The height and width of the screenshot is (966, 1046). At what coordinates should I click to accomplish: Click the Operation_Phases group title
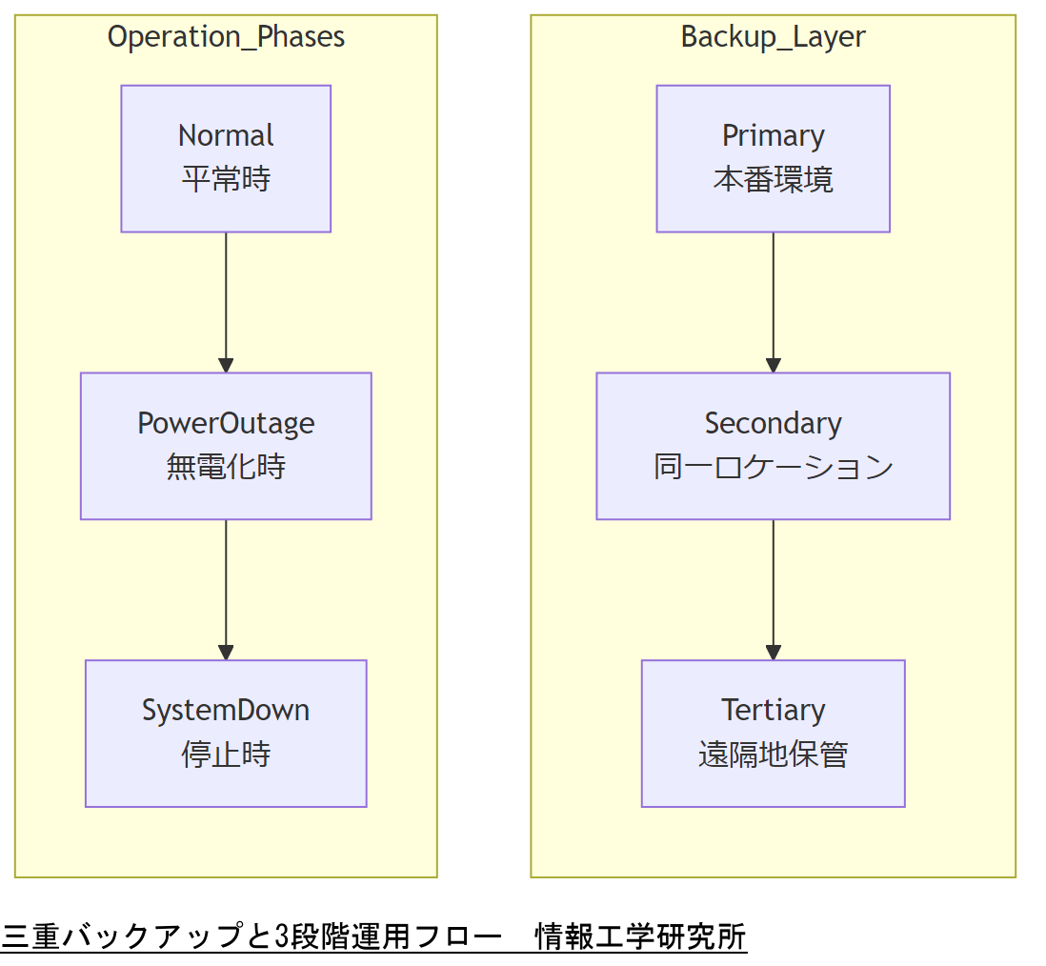pyautogui.click(x=226, y=37)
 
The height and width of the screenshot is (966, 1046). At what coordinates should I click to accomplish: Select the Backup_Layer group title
pyautogui.click(x=773, y=37)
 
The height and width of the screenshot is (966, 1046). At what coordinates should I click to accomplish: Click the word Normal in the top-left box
pyautogui.click(x=226, y=135)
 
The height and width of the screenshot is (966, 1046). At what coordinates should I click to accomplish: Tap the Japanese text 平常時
pyautogui.click(x=226, y=179)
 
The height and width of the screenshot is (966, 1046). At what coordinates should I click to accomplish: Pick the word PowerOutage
pyautogui.click(x=226, y=423)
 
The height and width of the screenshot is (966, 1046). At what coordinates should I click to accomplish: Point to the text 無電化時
pyautogui.click(x=226, y=467)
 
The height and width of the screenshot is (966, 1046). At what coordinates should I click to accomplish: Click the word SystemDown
pyautogui.click(x=226, y=711)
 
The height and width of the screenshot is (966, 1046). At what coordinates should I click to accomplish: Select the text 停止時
pyautogui.click(x=226, y=755)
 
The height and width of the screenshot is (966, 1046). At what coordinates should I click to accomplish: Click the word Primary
pyautogui.click(x=773, y=135)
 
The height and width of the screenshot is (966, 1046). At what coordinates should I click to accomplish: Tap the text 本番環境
pyautogui.click(x=773, y=179)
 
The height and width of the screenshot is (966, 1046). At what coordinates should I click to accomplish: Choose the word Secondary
pyautogui.click(x=773, y=423)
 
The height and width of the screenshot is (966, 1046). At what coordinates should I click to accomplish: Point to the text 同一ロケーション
pyautogui.click(x=773, y=467)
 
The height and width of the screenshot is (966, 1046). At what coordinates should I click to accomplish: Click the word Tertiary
pyautogui.click(x=773, y=711)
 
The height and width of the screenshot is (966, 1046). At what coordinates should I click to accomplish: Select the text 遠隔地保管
pyautogui.click(x=773, y=755)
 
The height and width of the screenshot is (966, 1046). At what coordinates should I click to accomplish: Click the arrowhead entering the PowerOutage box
pyautogui.click(x=226, y=365)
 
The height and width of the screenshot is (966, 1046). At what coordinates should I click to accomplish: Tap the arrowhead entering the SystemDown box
pyautogui.click(x=226, y=653)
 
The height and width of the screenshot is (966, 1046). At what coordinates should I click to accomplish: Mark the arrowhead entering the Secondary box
pyautogui.click(x=773, y=365)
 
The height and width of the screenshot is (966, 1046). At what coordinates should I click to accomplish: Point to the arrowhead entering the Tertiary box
pyautogui.click(x=773, y=653)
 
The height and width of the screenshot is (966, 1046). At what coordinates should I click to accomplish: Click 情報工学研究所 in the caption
pyautogui.click(x=641, y=936)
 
